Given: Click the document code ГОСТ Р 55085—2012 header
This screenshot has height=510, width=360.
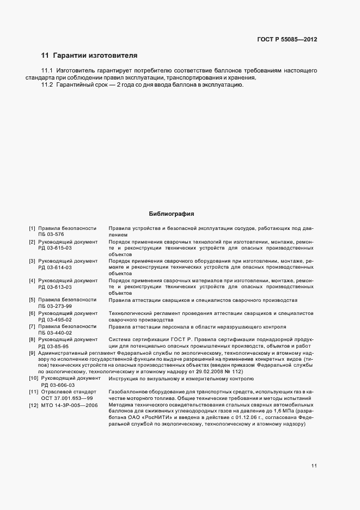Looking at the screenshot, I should point(286,39).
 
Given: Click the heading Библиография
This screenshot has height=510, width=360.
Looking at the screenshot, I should point(172,214).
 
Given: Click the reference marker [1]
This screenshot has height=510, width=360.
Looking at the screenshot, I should point(32,228).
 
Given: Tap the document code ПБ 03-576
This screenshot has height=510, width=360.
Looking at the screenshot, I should point(51,235).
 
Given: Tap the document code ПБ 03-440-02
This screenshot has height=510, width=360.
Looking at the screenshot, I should point(55,333).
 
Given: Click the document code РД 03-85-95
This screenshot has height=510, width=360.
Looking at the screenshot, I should point(53,346).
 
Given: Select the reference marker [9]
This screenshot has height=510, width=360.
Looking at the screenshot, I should point(32,353).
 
